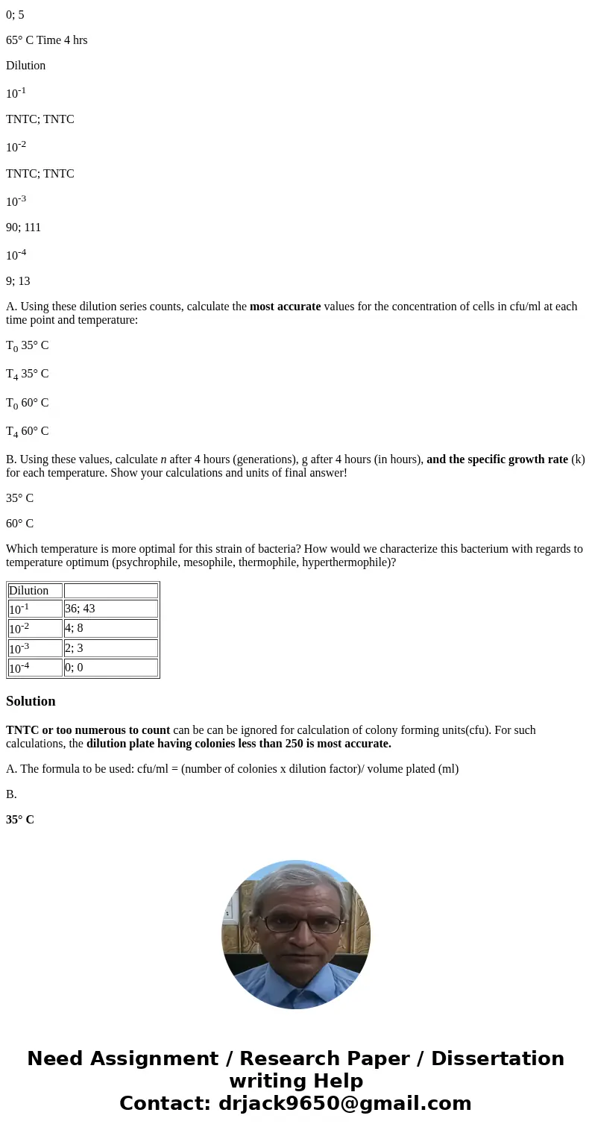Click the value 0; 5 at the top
[15, 15]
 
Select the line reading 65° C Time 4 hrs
[46, 40]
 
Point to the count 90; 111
[23, 227]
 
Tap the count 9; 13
[18, 281]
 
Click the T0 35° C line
[27, 346]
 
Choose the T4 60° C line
[27, 431]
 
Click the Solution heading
[31, 701]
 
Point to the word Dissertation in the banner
[497, 1059]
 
